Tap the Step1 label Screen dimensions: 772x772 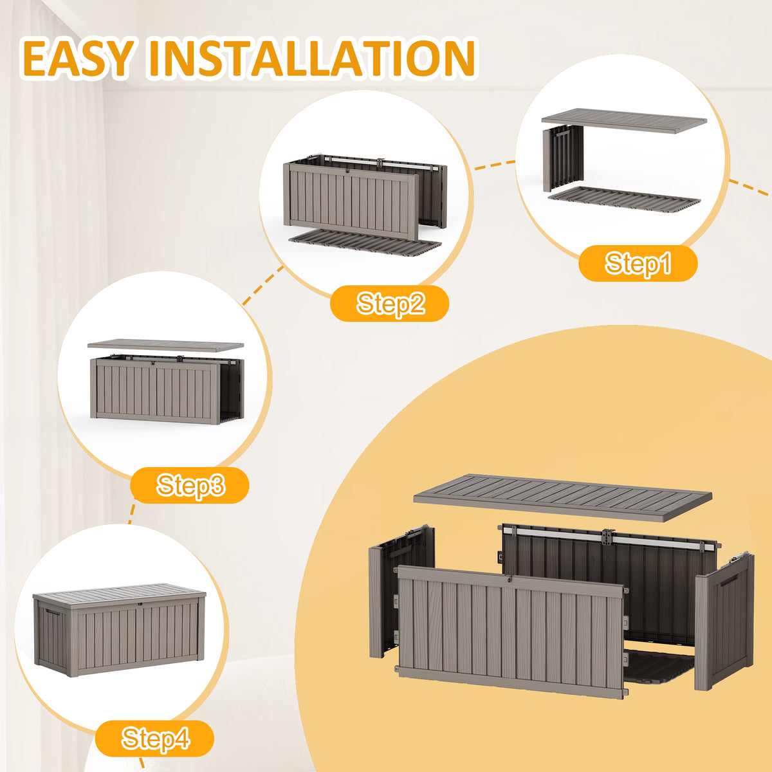638,263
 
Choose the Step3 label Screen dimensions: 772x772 190,485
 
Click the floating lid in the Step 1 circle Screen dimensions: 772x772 624,121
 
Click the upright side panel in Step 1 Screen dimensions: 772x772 563,158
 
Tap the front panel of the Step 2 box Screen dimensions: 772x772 351,201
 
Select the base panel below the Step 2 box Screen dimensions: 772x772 365,242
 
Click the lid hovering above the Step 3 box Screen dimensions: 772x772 165,345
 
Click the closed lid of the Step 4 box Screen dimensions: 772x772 120,596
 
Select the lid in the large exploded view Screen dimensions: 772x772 562,497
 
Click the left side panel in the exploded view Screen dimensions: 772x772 401,591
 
